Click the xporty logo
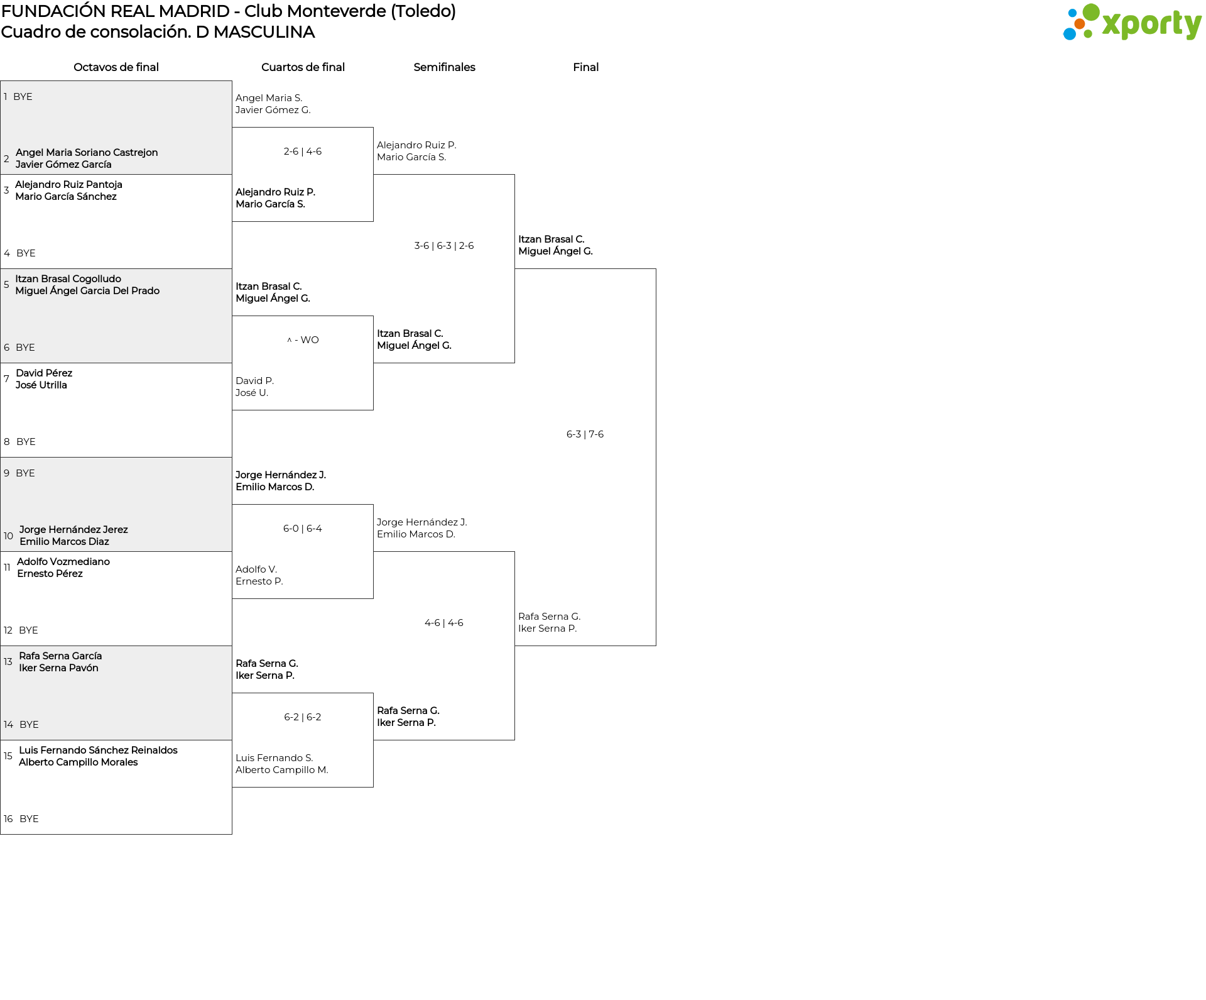(1132, 23)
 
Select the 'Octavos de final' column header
(116, 67)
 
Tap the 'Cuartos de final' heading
(303, 67)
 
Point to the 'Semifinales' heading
(444, 67)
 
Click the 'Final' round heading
(585, 67)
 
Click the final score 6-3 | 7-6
(585, 434)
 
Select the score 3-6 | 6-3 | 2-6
(444, 246)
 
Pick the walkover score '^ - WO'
(303, 340)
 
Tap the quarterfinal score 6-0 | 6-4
(302, 529)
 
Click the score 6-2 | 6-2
(302, 717)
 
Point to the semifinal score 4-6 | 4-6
(444, 623)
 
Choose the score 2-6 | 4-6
(303, 151)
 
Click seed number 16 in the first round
(8, 819)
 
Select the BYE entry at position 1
(23, 97)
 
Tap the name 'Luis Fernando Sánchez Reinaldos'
(98, 750)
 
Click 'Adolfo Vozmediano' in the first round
(63, 562)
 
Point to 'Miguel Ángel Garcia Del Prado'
(87, 291)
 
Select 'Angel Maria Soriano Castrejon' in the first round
(87, 153)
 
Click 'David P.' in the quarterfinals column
(254, 381)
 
